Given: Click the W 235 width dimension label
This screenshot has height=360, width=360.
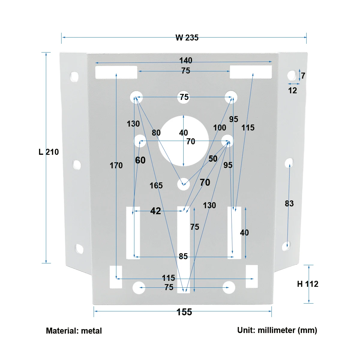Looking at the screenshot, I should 187,38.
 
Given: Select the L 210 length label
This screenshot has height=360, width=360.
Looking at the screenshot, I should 49,152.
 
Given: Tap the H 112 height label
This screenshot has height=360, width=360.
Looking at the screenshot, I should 307,284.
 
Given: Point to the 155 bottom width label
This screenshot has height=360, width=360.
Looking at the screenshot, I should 184,312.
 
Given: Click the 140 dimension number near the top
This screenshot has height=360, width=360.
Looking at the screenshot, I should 186,61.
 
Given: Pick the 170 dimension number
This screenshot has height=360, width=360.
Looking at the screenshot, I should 116,166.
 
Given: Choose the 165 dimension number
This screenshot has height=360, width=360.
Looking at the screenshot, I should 156,186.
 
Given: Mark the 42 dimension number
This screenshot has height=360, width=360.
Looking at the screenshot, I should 155,211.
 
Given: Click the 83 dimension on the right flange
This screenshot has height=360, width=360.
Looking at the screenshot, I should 289,204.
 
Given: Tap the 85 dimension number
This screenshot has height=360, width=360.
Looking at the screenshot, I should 183,256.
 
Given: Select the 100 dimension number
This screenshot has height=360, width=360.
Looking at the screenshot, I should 220,128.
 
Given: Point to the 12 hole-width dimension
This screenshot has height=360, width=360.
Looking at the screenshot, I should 292,91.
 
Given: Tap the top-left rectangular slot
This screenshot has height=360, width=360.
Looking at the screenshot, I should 116,72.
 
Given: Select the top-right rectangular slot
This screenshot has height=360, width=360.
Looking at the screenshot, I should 251,72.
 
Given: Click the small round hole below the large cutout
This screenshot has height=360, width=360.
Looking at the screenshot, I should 183,184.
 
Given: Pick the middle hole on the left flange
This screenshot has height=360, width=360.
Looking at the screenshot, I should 77,165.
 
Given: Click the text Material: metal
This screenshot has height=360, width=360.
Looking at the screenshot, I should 74,331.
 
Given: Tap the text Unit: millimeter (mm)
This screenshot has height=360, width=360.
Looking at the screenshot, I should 277,330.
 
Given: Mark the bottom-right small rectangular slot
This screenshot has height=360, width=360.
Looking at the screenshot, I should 252,277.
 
